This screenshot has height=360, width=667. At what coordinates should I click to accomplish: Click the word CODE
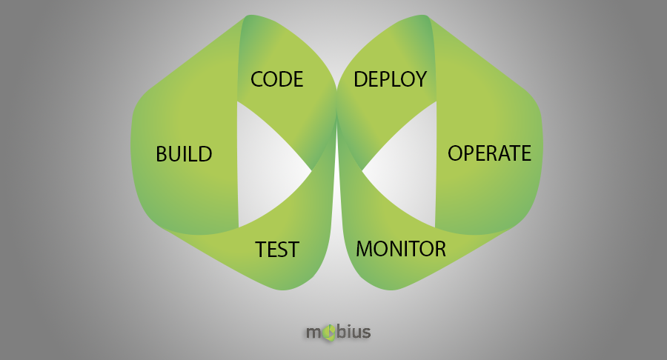277,79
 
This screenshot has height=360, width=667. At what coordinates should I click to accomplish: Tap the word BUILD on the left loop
184,154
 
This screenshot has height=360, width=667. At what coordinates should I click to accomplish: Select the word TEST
277,250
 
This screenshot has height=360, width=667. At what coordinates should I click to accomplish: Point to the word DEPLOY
390,79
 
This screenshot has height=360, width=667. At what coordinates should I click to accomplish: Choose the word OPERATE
489,153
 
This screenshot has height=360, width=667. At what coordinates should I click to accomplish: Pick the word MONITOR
401,249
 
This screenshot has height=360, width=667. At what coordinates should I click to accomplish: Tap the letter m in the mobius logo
314,332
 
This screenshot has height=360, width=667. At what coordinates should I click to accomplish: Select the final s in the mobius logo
365,332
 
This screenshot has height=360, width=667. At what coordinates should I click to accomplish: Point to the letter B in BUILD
162,154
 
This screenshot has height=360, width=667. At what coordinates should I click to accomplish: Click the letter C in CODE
257,79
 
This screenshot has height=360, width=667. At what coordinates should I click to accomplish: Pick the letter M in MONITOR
365,249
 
